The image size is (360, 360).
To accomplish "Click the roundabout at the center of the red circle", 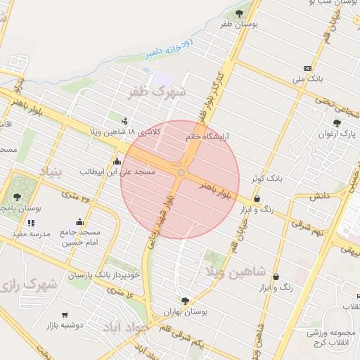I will (x=181, y=172).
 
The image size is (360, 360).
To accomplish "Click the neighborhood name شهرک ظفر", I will (x=157, y=91).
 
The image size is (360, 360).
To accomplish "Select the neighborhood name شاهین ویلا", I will (x=235, y=270).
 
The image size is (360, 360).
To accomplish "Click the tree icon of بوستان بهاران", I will (x=185, y=301).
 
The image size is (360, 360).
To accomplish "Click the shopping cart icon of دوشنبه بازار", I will (x=65, y=315).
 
